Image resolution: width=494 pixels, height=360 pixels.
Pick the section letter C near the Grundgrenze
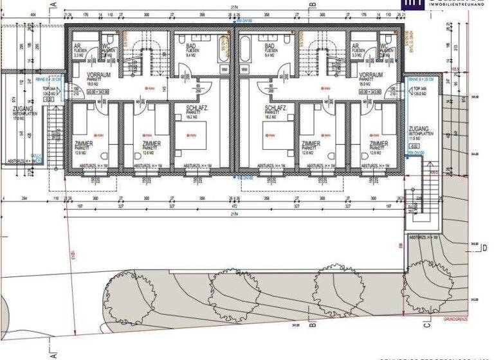pyautogui.click(x=426, y=325)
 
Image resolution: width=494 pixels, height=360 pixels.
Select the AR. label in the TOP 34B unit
pyautogui.click(x=356, y=46)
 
